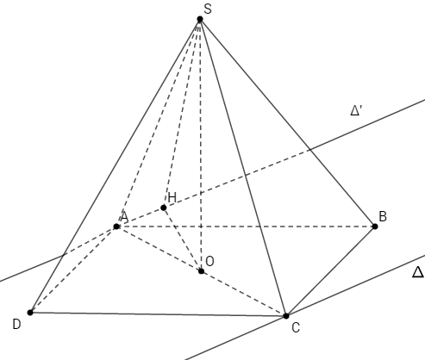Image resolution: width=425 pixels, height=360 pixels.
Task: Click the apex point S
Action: coord(200,19)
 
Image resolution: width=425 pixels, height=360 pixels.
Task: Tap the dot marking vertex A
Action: coord(116,227)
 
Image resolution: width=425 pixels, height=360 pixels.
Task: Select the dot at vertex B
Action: coord(375,227)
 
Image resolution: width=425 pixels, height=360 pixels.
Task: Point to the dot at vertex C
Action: coord(286,316)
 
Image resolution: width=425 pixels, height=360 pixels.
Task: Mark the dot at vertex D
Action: coord(30,313)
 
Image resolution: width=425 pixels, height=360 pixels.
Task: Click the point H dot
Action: coord(164,208)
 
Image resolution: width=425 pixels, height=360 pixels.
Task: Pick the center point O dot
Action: coord(201,271)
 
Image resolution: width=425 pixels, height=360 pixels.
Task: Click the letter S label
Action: coord(208,9)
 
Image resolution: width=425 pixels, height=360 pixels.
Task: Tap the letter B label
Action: coord(383,216)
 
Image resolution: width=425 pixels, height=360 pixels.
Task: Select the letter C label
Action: coord(296,327)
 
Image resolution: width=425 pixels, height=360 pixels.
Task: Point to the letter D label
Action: coord(16,325)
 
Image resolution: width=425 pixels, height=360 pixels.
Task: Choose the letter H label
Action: coord(172,197)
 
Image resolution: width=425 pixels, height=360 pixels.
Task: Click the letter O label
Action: coord(210,261)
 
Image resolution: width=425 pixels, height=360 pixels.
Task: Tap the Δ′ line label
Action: coord(356,110)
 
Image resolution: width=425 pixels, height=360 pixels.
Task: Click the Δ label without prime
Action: coord(418,272)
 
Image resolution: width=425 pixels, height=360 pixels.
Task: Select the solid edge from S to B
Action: coord(287,123)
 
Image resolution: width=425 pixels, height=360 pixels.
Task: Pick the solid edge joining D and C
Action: coord(158,314)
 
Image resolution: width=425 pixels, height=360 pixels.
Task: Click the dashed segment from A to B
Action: coord(246,227)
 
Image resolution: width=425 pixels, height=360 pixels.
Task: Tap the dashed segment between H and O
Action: coord(182,239)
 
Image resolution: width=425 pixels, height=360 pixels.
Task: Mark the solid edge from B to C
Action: coord(330,271)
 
